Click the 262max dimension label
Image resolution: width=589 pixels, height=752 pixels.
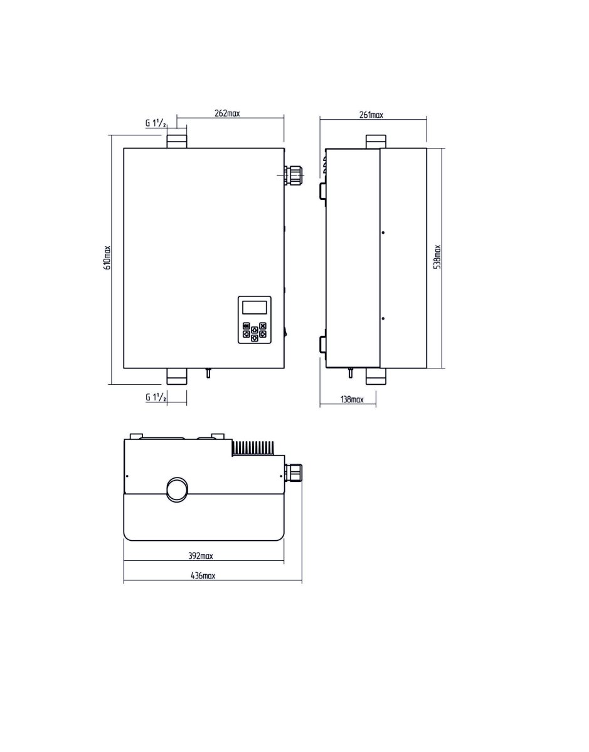coord(227,113)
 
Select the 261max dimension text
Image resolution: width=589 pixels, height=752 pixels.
coord(371,115)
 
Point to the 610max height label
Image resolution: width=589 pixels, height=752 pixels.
coord(107,258)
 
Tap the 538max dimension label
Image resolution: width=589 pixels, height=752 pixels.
coord(438,257)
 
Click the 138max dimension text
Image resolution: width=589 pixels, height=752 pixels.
coord(352,399)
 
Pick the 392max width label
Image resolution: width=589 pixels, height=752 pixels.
coord(201,556)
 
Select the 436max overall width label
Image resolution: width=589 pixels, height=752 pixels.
coord(203,575)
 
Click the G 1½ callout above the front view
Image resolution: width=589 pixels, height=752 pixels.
coord(156,123)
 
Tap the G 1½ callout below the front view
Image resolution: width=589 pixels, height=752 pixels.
coord(156,397)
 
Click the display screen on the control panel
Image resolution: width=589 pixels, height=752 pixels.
coord(254,307)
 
